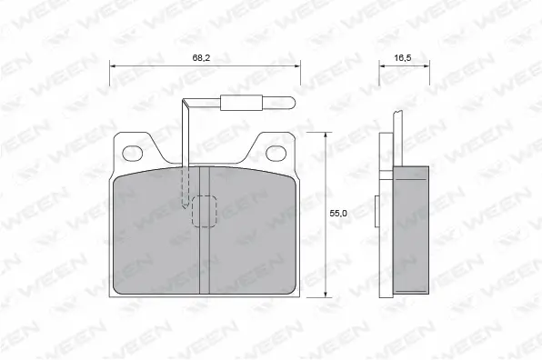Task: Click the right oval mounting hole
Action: [277, 151]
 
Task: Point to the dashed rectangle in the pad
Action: [205, 211]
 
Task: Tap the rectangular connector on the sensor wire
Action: [241, 103]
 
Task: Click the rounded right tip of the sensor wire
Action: [296, 103]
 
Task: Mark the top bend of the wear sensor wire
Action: [186, 104]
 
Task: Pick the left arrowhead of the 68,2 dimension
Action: [113, 65]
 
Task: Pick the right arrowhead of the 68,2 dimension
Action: [297, 65]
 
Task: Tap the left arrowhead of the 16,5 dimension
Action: [382, 65]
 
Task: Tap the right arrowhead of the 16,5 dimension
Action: [427, 65]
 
